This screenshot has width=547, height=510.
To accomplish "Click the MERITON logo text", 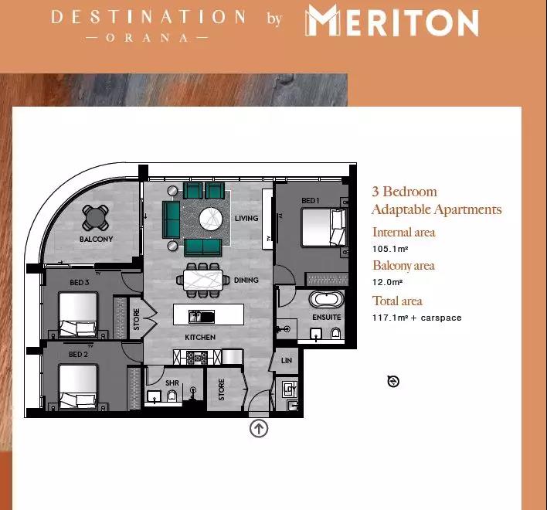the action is coord(392,21).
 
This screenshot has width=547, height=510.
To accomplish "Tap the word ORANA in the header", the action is coord(147,38).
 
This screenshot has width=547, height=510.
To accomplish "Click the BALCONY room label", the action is coord(97,240).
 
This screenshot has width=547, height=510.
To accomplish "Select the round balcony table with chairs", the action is coord(95,218).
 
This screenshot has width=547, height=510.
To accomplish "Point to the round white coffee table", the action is coord(211,219).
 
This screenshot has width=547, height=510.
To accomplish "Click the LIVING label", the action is coord(246,219).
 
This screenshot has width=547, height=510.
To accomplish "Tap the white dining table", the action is coord(203,280).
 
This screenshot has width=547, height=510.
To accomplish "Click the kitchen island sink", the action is coord(202,317).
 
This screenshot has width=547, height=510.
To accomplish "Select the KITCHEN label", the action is coord(200,338).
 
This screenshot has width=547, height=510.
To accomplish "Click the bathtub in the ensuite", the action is coord(326,299).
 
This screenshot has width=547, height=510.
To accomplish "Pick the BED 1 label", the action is coord(311,201).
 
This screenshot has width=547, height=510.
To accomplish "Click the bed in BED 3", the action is coord(78,314).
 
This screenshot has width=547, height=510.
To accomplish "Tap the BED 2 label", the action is coord(78,355).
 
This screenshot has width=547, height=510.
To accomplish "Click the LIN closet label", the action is coord(287,360).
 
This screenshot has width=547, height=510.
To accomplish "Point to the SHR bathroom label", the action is coord(172,383).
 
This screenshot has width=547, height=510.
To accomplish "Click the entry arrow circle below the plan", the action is coord(259,428).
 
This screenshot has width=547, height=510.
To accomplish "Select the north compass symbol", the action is coord(393,381).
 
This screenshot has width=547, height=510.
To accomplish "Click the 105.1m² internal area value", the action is coord(390,249).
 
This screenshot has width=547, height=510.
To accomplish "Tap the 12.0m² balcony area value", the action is coord(387,282).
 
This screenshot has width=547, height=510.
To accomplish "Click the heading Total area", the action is coord(397,301).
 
